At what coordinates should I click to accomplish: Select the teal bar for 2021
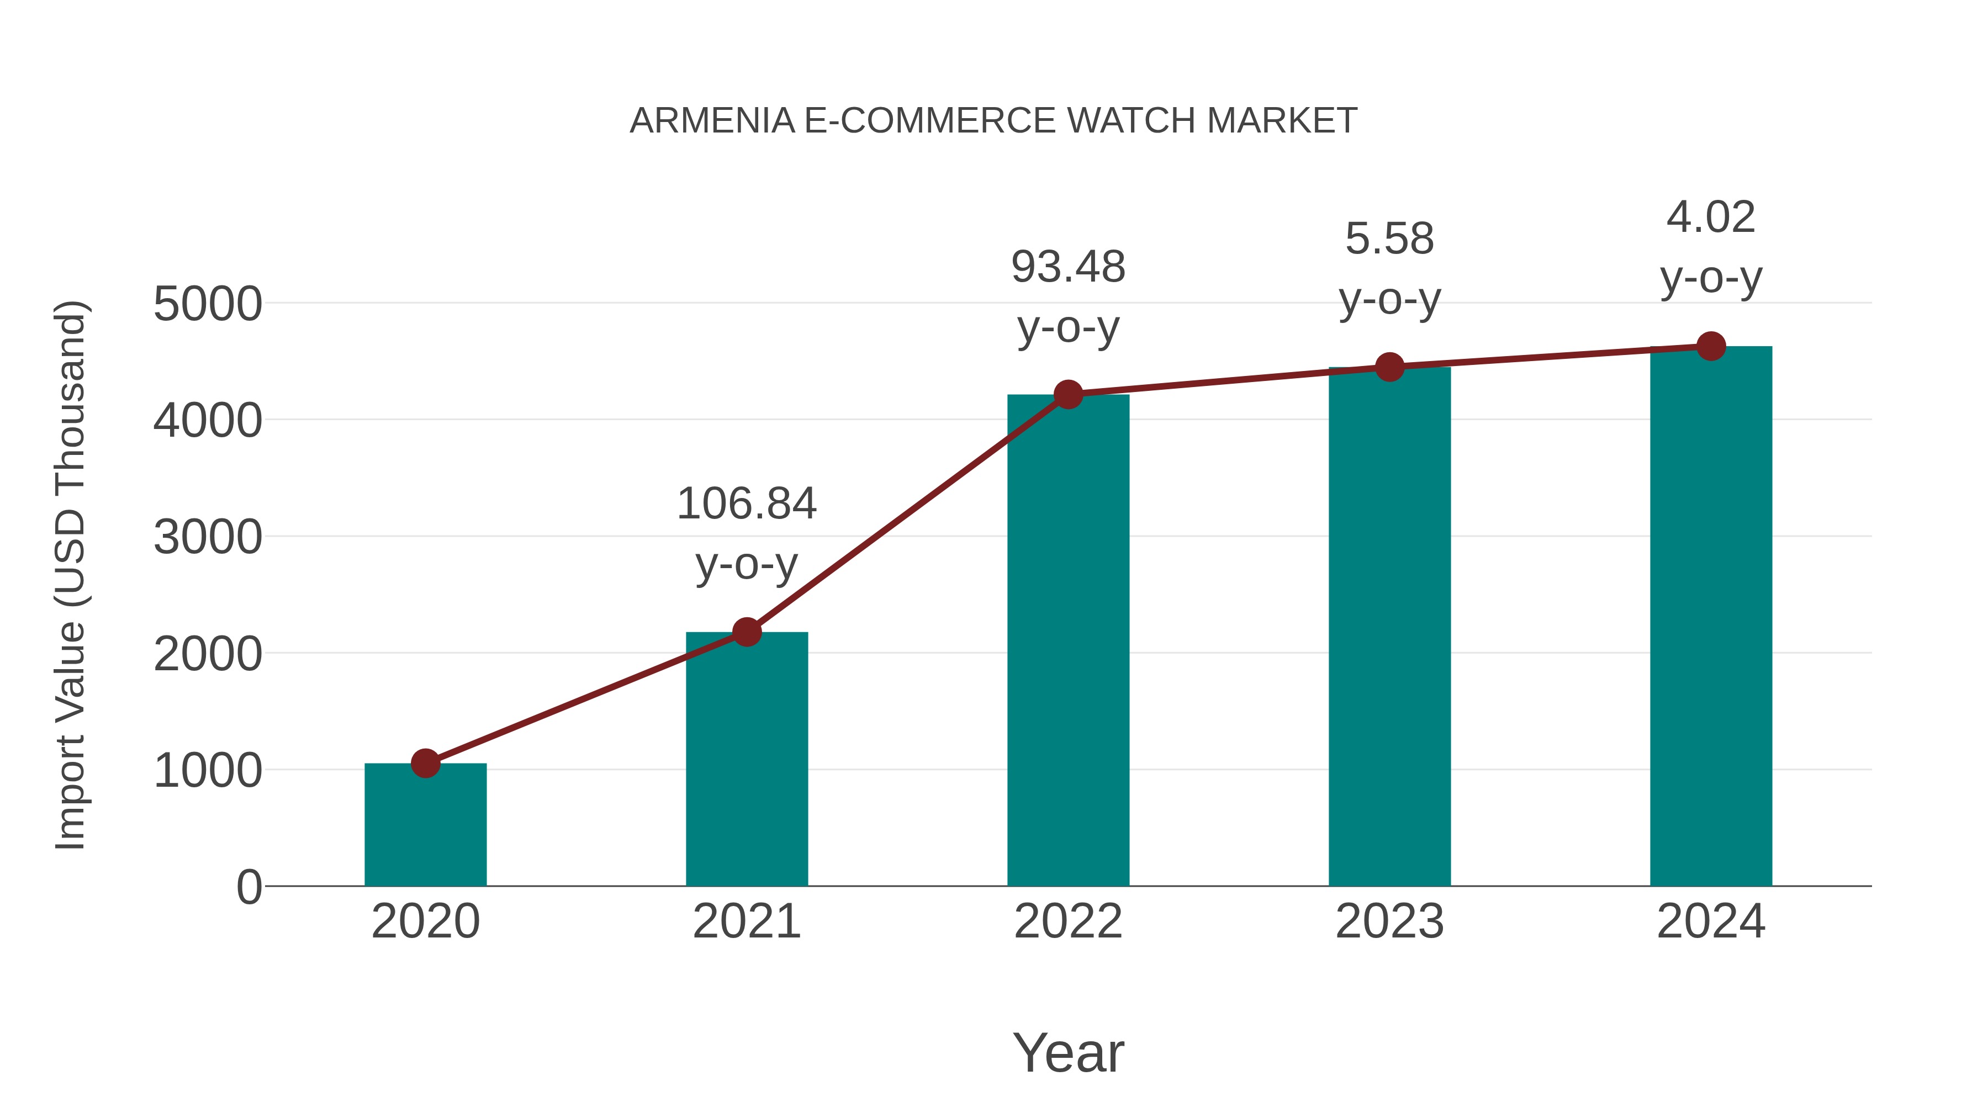pyautogui.click(x=746, y=760)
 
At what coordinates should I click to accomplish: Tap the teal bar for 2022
pyautogui.click(x=1068, y=640)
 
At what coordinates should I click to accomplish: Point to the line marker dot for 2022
pyautogui.click(x=1068, y=394)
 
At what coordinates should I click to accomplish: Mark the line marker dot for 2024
pyautogui.click(x=1711, y=346)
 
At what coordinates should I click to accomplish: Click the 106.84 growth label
pyautogui.click(x=746, y=504)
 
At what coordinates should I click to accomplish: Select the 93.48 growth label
pyautogui.click(x=1068, y=267)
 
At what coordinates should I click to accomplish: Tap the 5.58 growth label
pyautogui.click(x=1389, y=239)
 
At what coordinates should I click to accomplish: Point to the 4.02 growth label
pyautogui.click(x=1711, y=217)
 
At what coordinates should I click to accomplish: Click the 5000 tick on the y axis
pyautogui.click(x=208, y=304)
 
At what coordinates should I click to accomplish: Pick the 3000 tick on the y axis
pyautogui.click(x=208, y=537)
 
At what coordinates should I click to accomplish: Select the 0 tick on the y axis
pyautogui.click(x=248, y=887)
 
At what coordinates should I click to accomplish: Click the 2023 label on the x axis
pyautogui.click(x=1389, y=921)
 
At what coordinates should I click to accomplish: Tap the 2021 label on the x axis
pyautogui.click(x=746, y=921)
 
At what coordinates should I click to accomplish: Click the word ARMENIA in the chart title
pyautogui.click(x=712, y=121)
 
